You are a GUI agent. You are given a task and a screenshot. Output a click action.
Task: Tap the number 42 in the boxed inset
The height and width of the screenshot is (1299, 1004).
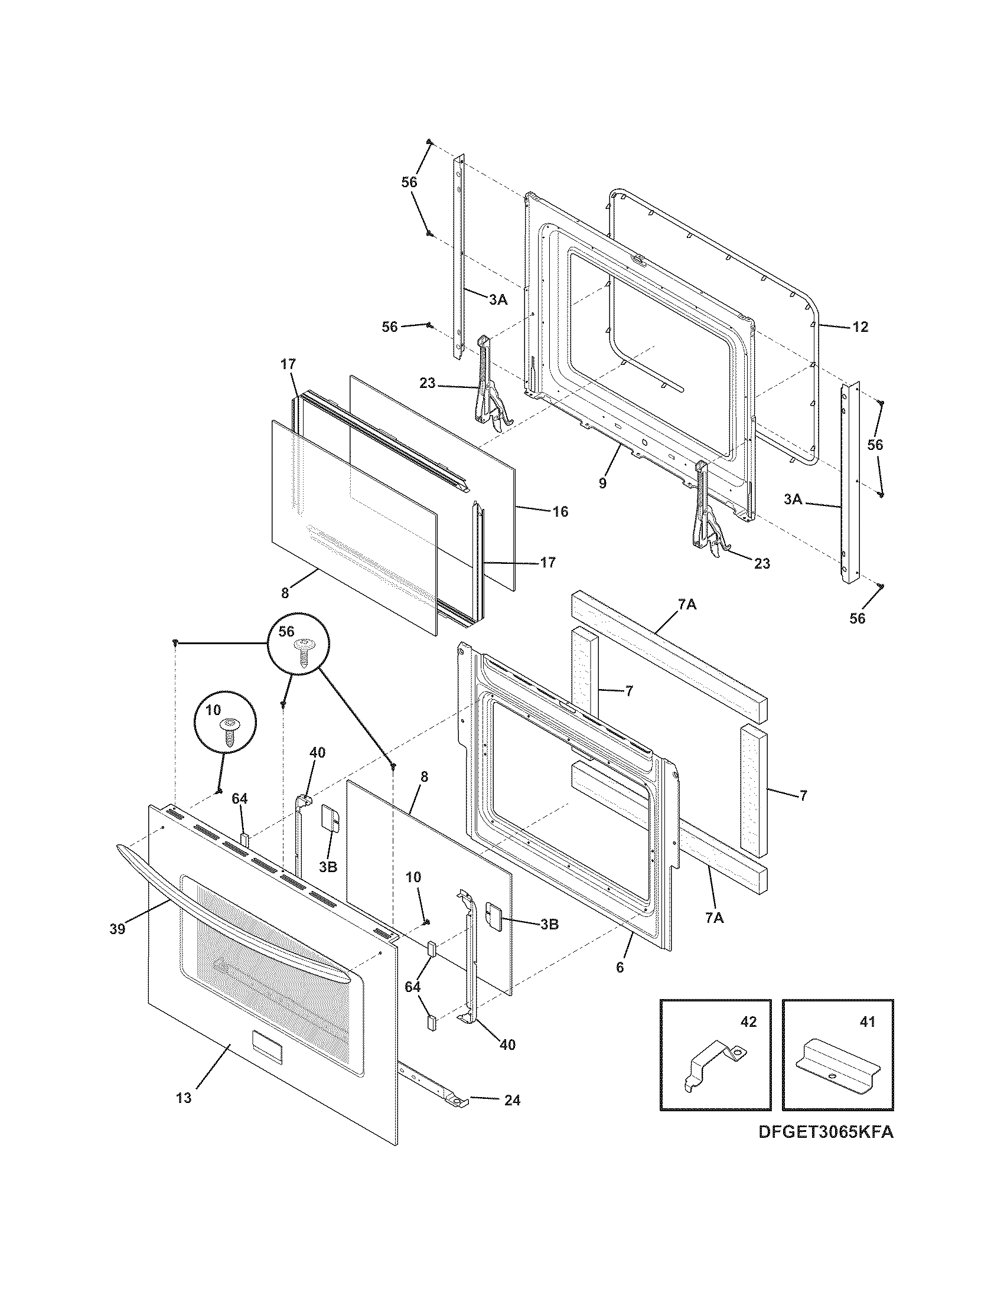(x=748, y=1022)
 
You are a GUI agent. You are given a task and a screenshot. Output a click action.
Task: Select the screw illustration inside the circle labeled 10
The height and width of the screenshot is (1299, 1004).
(x=228, y=731)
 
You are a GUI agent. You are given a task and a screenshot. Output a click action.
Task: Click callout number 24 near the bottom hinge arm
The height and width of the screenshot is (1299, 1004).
(x=512, y=1101)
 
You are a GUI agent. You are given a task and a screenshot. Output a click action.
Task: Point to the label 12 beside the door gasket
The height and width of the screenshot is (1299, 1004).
(x=860, y=327)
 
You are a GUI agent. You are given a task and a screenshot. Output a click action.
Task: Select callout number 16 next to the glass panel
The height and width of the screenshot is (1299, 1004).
(x=560, y=511)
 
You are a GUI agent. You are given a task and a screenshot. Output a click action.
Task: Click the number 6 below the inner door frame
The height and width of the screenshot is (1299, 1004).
(x=620, y=968)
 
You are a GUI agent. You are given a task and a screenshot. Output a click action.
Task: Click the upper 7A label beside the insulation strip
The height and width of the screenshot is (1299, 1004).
(x=686, y=605)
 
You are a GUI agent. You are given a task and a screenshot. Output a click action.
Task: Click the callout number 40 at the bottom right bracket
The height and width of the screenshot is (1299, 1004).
(x=507, y=1045)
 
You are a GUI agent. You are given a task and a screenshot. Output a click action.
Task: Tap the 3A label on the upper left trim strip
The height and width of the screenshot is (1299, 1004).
(x=498, y=301)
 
